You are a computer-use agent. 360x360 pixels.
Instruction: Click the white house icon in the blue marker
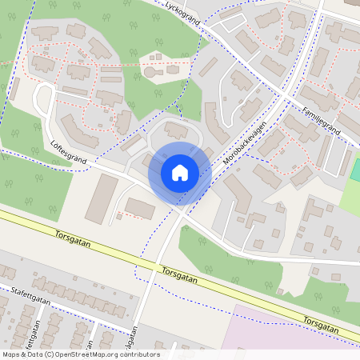click(x=179, y=172)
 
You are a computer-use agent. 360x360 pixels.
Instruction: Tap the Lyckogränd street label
click(x=182, y=14)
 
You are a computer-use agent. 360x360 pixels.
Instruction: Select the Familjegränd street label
click(x=321, y=121)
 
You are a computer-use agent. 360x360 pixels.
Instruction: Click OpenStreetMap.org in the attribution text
click(x=88, y=354)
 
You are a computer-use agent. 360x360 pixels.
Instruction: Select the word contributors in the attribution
click(x=139, y=354)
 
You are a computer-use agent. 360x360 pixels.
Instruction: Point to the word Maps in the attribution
click(x=11, y=354)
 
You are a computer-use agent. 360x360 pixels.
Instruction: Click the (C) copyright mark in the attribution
click(x=50, y=354)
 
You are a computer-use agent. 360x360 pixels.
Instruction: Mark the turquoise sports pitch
click(x=355, y=169)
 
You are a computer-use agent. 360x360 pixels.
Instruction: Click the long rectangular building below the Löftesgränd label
click(x=102, y=198)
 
